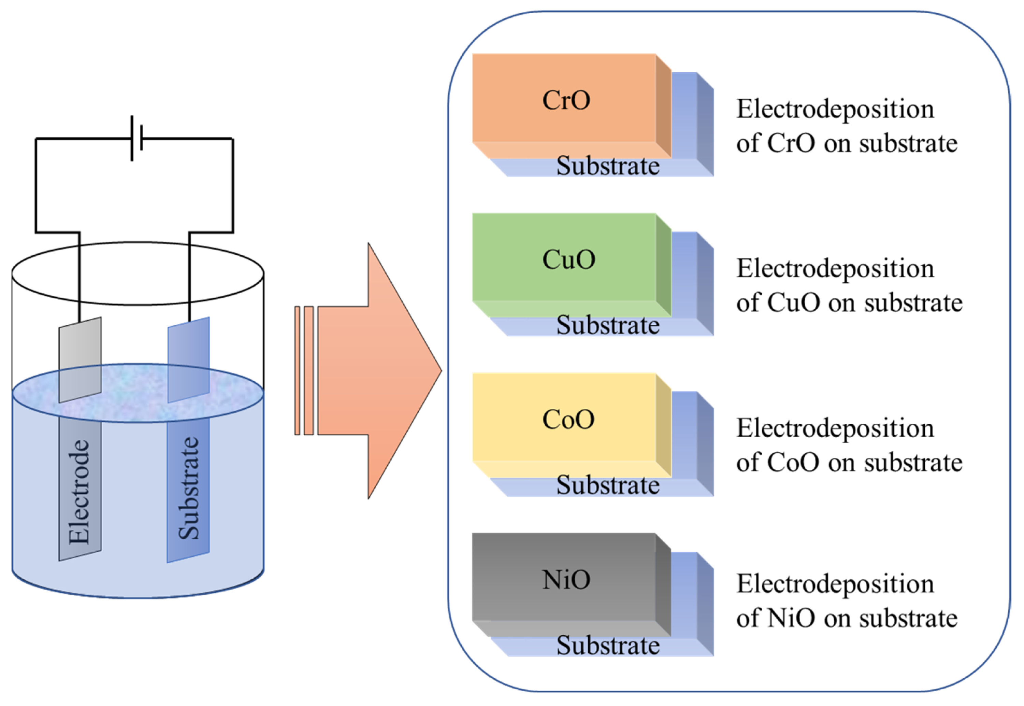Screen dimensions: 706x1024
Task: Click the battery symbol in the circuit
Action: (136, 139)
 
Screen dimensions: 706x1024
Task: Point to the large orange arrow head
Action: (398, 371)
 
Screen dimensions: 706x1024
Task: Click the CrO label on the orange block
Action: (566, 100)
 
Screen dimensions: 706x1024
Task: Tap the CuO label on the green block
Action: (568, 260)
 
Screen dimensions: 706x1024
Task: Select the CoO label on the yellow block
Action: (568, 419)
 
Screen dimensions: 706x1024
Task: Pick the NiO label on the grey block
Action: (566, 579)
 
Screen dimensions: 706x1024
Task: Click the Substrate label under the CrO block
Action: (608, 166)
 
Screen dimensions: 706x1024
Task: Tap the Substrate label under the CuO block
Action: (608, 326)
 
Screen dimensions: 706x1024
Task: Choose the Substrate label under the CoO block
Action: (608, 485)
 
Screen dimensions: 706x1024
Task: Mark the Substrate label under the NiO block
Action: (608, 645)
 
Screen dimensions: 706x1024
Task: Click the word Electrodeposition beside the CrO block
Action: (835, 109)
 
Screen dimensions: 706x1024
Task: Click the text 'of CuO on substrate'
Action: (849, 303)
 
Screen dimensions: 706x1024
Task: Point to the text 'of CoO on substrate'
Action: (849, 463)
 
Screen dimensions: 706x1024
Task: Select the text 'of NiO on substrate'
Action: (846, 618)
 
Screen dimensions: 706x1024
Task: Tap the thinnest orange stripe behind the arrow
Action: (297, 371)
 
